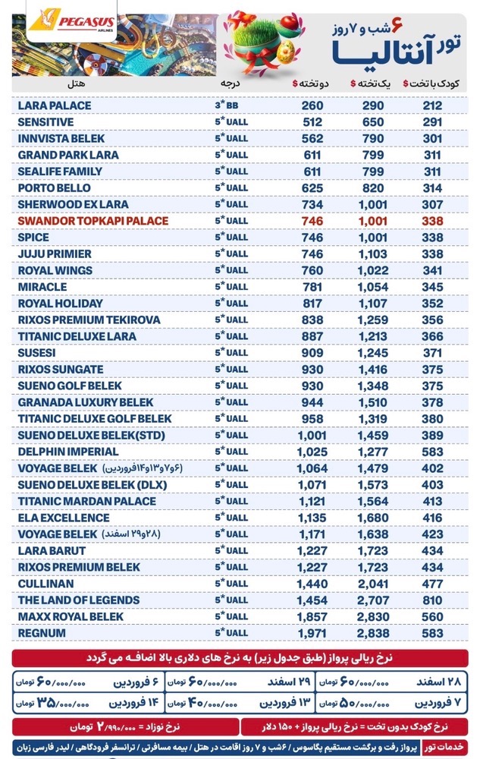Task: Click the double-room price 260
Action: pyautogui.click(x=312, y=106)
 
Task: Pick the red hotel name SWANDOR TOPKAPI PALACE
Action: pyautogui.click(x=93, y=221)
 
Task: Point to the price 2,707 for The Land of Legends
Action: pyautogui.click(x=375, y=600)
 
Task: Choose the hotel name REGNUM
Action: pyautogui.click(x=41, y=633)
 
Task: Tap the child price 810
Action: pyautogui.click(x=433, y=600)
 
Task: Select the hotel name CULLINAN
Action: pyautogui.click(x=46, y=584)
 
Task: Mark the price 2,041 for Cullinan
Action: pyautogui.click(x=375, y=584)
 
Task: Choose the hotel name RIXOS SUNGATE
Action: pyautogui.click(x=60, y=369)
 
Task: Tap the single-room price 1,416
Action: pyautogui.click(x=375, y=369)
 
